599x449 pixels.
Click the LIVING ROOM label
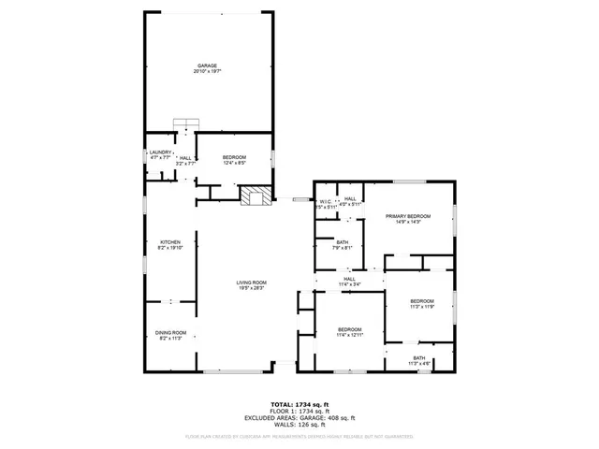(251, 284)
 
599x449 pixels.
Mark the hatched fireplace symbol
(256, 196)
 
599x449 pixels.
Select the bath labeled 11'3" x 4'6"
(417, 359)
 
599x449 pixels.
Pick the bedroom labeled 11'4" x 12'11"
(350, 331)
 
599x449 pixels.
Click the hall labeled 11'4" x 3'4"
(349, 281)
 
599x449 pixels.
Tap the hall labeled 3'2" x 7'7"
(185, 160)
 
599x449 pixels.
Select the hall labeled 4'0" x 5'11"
(349, 201)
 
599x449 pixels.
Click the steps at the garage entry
(186, 126)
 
